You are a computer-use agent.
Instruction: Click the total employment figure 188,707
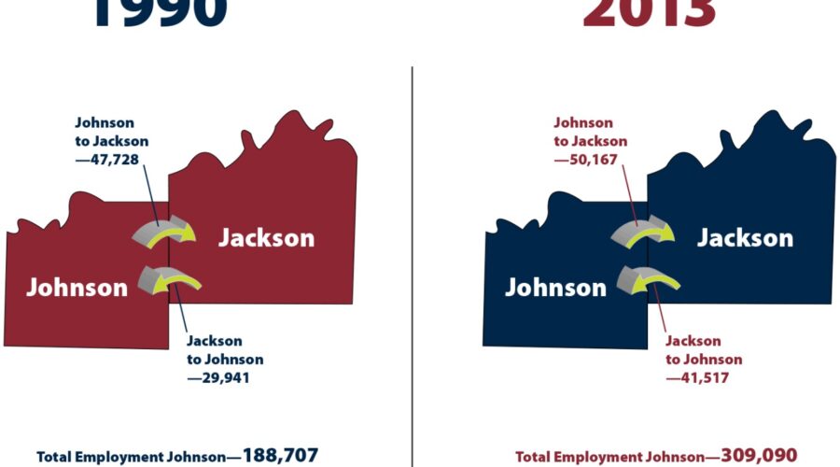(281, 456)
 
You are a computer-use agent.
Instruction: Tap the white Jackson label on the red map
(266, 238)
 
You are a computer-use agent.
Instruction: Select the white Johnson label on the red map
(77, 287)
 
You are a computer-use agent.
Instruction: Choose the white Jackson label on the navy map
(745, 238)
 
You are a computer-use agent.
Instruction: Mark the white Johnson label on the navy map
(555, 287)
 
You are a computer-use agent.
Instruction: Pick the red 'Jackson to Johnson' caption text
(704, 350)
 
